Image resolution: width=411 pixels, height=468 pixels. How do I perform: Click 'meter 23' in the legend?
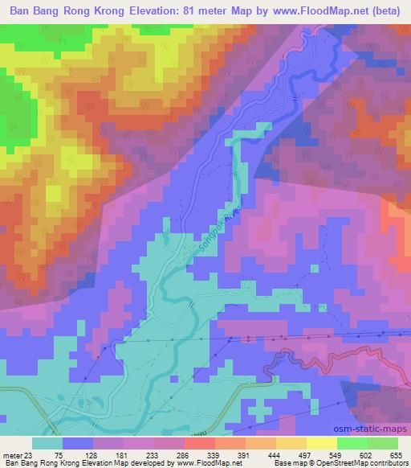point(18,455)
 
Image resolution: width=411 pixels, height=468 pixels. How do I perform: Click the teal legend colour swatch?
point(47,443)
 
